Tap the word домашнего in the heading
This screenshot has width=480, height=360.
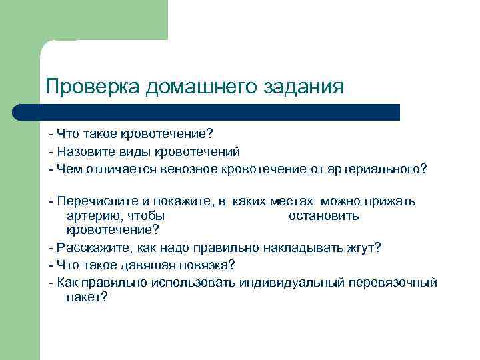point(205,87)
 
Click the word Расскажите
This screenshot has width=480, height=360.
point(93,248)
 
